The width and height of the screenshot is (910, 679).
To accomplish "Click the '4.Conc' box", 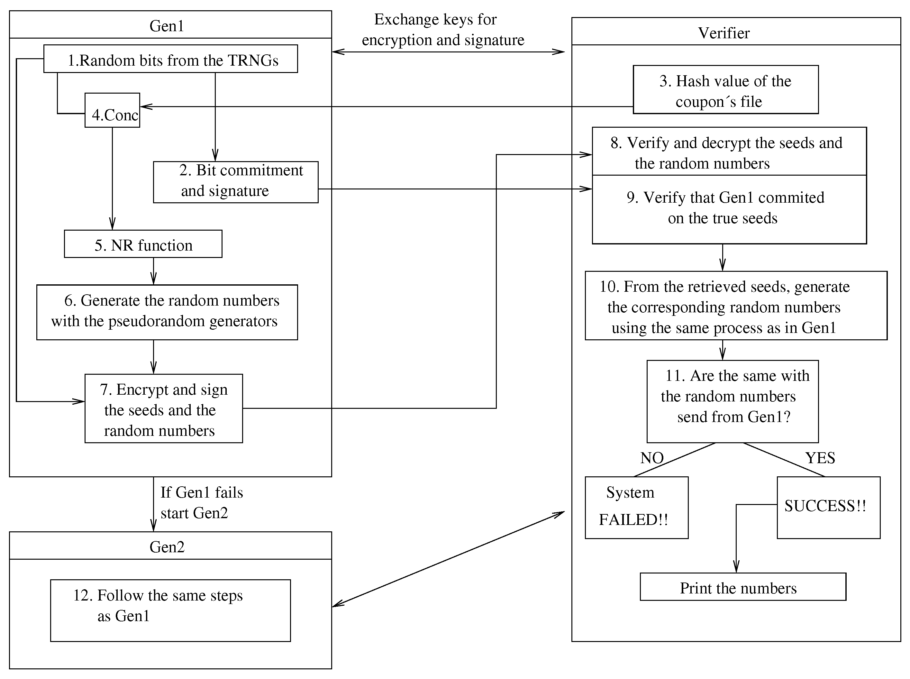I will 112,110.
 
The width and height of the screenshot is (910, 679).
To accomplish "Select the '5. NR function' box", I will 143,244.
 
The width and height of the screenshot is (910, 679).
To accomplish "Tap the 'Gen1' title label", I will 166,26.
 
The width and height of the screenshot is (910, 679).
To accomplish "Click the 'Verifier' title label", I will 723,33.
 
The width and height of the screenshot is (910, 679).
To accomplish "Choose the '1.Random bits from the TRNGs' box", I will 170,59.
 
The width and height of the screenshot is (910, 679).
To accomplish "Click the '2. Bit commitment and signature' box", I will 235,182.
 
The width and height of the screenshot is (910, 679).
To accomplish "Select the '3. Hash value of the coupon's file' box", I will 725,90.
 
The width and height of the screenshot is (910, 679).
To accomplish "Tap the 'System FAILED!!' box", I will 636,507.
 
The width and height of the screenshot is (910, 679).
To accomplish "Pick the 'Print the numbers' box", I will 742,587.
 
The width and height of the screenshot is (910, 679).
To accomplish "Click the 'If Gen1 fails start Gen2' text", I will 201,502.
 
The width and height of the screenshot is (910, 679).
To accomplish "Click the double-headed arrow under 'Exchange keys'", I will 448,52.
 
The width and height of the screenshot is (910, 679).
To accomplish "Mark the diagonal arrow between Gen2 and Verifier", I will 448,559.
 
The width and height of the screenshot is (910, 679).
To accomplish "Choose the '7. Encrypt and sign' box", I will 164,408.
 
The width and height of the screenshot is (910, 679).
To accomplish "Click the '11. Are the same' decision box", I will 732,401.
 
